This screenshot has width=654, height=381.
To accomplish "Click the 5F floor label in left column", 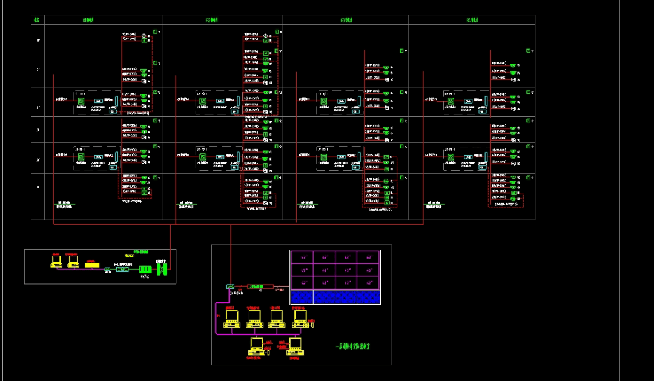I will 38,69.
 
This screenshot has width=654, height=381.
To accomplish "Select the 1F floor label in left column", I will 38,188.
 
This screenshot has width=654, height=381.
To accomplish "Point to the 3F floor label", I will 38,130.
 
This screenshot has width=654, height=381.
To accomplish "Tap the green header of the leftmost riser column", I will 92,20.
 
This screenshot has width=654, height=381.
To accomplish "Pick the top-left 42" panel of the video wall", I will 301,257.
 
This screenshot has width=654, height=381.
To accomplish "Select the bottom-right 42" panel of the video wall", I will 368,283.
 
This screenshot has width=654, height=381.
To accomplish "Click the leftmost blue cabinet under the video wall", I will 301,297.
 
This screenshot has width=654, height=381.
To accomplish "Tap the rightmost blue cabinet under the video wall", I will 368,297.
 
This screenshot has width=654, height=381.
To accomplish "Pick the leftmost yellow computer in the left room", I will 56,262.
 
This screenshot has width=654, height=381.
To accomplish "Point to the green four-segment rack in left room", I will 145,270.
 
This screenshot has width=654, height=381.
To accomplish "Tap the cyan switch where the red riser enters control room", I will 230,286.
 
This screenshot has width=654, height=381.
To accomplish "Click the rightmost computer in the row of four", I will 297,318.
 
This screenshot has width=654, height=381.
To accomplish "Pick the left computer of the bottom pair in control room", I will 257,345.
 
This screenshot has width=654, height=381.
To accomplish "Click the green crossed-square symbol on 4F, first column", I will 81,101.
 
